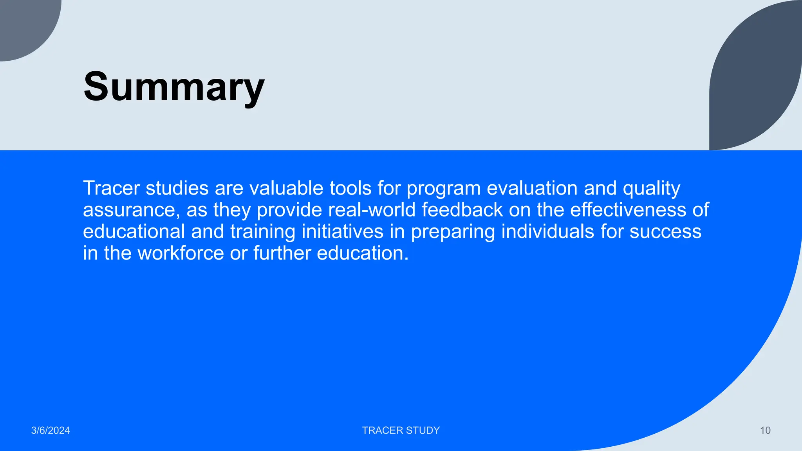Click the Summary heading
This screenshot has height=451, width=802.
click(x=174, y=87)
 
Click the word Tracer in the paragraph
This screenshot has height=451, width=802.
click(x=111, y=188)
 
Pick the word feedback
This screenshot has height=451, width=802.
click(x=462, y=210)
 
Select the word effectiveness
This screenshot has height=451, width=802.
click(x=628, y=210)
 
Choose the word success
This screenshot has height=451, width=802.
click(x=665, y=232)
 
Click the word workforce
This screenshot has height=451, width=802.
click(x=181, y=253)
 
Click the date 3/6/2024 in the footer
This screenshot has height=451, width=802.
click(x=51, y=430)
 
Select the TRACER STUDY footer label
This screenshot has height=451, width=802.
click(x=401, y=430)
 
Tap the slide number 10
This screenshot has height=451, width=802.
click(x=765, y=430)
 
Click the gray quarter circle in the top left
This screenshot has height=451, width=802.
click(x=23, y=23)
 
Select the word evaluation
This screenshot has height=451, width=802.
click(x=532, y=188)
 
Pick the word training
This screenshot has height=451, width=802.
click(x=262, y=232)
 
